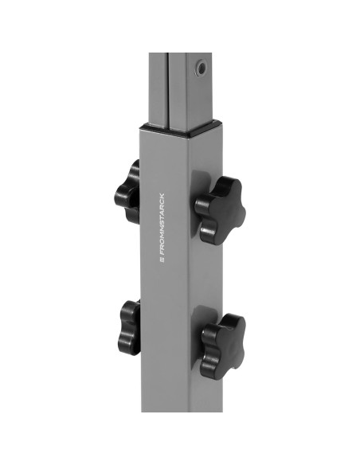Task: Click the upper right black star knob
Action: coord(220,210)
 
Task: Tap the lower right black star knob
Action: coord(223,346)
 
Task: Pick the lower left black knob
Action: coord(130,327)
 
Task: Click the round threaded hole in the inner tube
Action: coord(202,69)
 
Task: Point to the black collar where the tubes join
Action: coord(181,127)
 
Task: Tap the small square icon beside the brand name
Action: coord(162,260)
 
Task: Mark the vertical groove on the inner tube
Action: coord(168,92)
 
